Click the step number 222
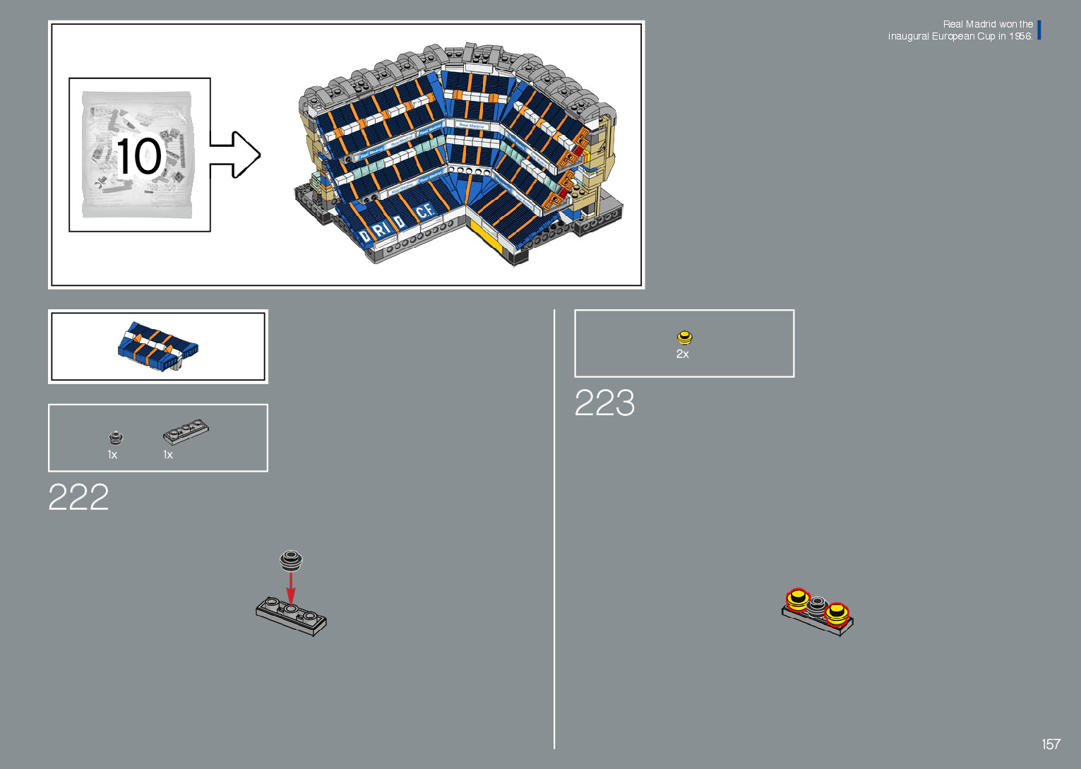click(78, 497)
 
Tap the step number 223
click(604, 403)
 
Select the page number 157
click(1051, 744)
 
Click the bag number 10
click(139, 156)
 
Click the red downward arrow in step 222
click(290, 589)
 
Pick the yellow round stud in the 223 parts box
click(684, 338)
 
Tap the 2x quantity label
click(682, 354)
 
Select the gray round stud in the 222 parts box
click(116, 438)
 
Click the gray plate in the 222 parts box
click(186, 431)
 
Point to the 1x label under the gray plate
click(168, 455)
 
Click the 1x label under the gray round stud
click(112, 455)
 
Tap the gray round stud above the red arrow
click(291, 559)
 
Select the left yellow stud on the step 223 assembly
click(797, 600)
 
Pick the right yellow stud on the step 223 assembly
click(837, 613)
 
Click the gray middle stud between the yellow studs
click(817, 606)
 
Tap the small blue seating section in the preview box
click(158, 347)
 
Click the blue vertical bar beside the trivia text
click(1039, 30)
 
